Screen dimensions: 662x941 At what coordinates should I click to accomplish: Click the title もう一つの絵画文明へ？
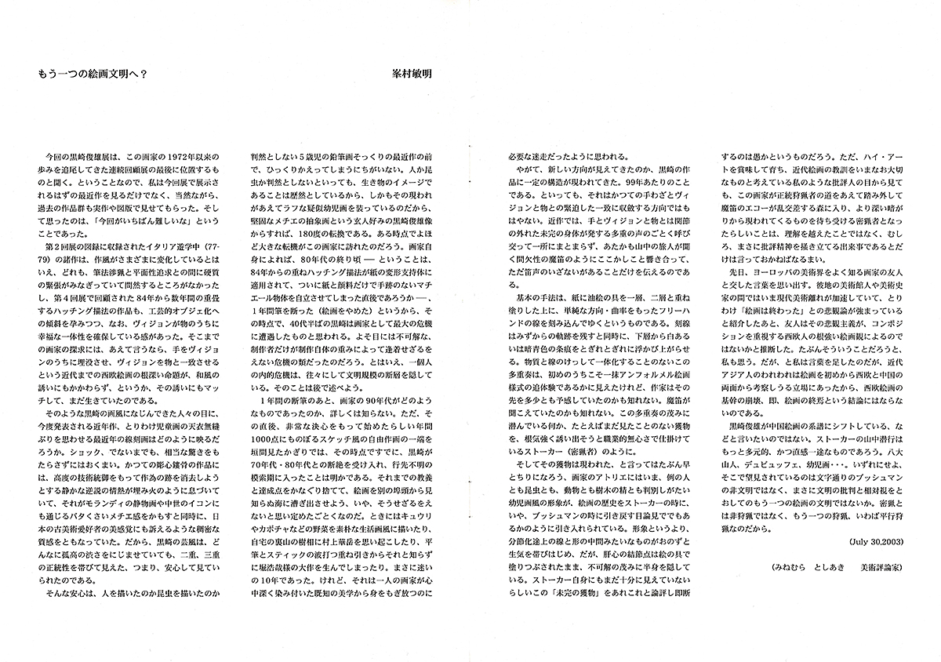94,71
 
